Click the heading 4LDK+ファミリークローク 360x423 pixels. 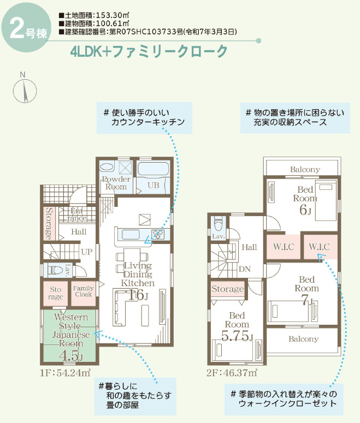[149, 52]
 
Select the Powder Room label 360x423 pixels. [116, 183]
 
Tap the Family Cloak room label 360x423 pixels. [84, 291]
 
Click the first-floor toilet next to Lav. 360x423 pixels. [55, 269]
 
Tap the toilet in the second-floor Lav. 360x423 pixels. [219, 224]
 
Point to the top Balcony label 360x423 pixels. [305, 169]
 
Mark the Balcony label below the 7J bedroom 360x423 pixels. [303, 339]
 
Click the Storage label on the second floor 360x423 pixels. [227, 289]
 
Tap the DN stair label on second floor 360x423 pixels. [244, 269]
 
